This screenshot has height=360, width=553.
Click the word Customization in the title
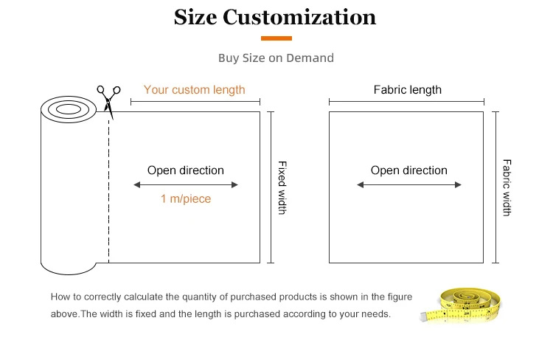tap(299, 17)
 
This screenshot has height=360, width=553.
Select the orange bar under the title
tap(276, 38)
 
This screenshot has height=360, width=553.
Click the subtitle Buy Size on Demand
tap(276, 58)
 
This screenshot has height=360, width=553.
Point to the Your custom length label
tap(194, 89)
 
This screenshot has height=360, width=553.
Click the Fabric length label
tap(407, 89)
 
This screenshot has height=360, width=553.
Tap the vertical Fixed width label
tap(282, 187)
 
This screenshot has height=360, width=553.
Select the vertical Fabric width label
tap(507, 187)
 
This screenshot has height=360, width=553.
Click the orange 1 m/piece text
tap(185, 199)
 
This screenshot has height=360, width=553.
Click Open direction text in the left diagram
tap(185, 170)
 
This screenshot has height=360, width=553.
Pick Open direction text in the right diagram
tap(408, 170)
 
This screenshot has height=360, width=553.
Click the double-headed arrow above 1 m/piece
tap(185, 184)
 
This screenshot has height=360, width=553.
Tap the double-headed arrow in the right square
tap(408, 184)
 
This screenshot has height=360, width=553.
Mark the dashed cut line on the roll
tap(108, 192)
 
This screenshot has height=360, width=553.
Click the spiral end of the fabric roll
tap(69, 111)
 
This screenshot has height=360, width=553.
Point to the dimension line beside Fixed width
tap(271, 187)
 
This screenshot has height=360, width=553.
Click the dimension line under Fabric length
tap(406, 102)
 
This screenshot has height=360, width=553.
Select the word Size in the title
tap(195, 17)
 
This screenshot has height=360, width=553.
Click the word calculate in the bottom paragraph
tap(144, 297)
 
